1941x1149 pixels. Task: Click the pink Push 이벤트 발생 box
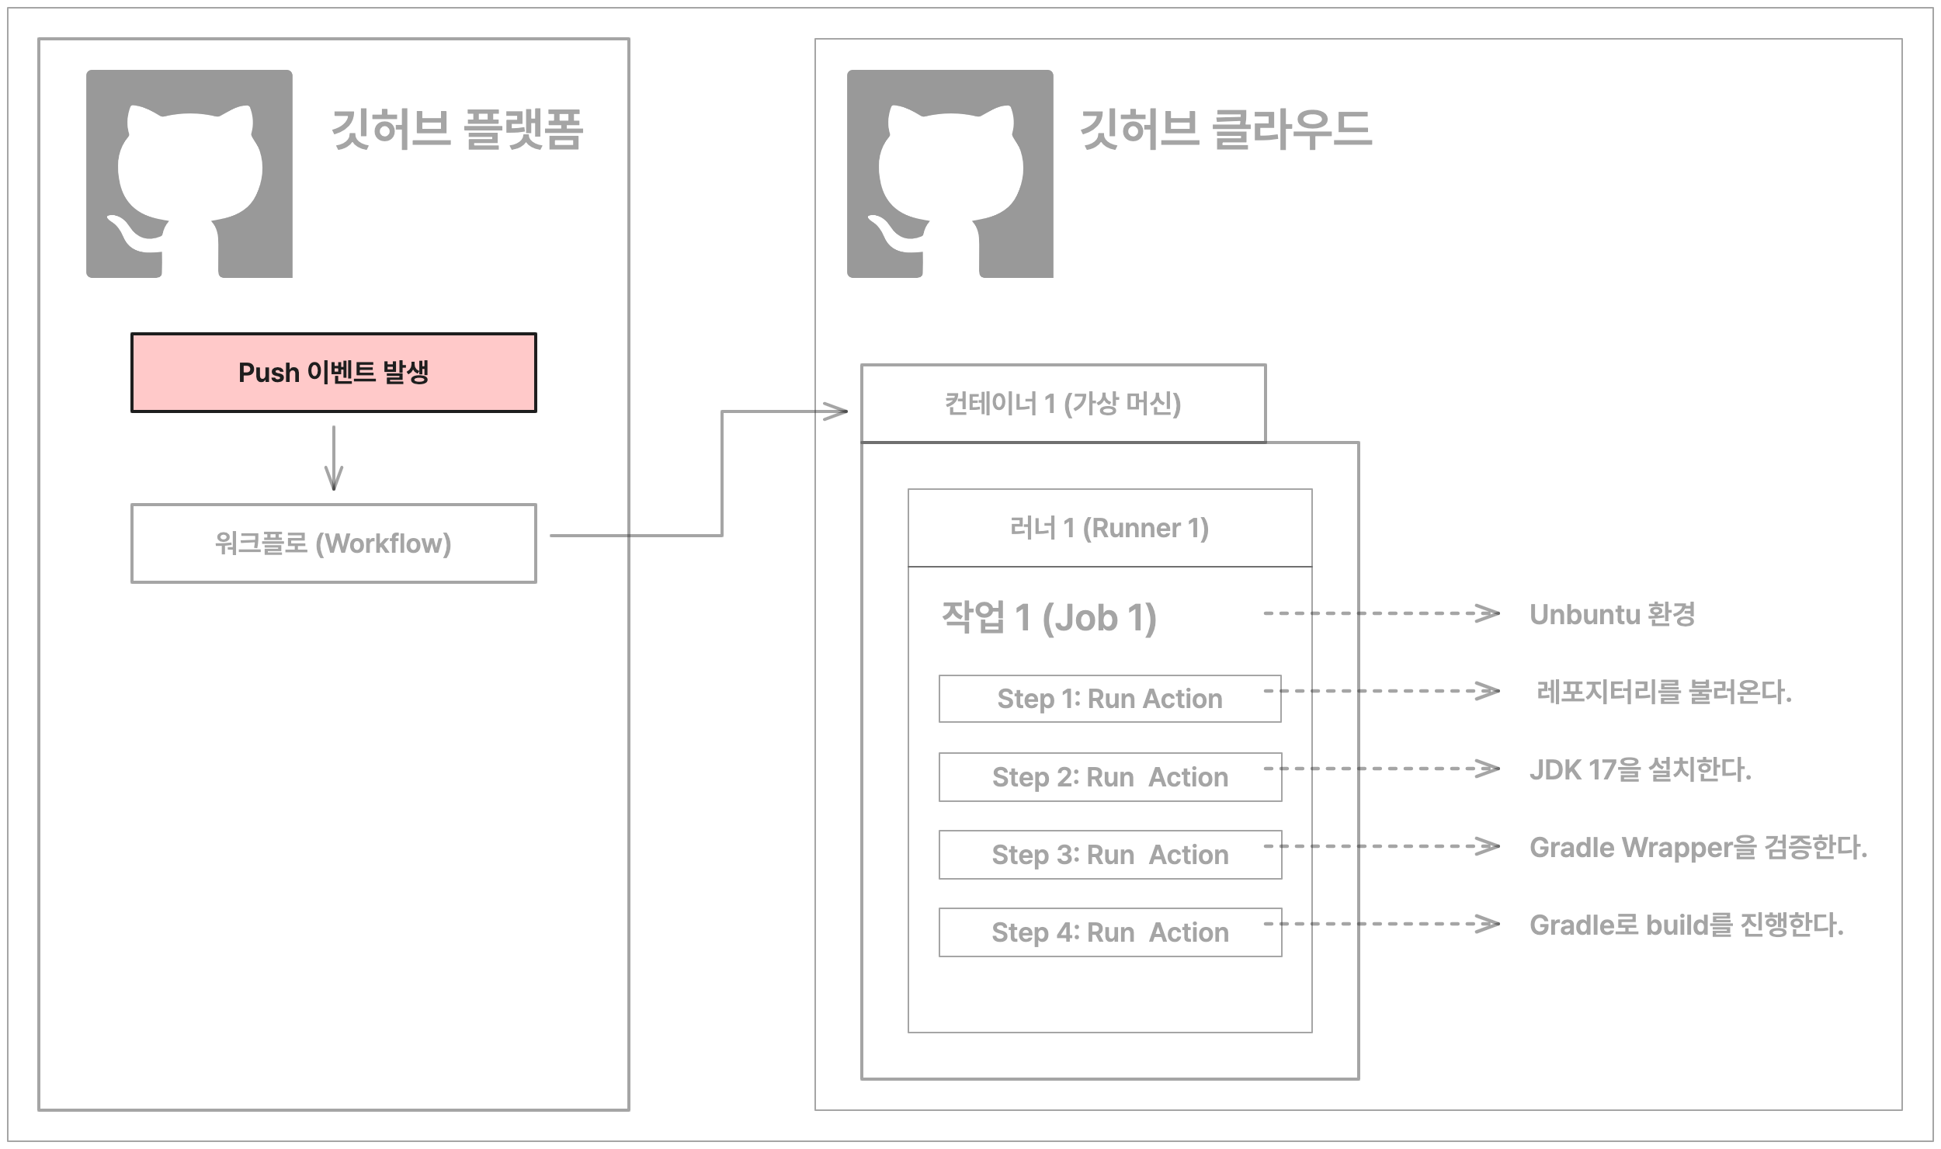(x=333, y=373)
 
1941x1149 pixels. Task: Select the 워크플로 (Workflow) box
(x=333, y=543)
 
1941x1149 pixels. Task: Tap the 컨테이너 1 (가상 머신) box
(x=1063, y=404)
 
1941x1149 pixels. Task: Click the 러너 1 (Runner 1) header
(x=1109, y=528)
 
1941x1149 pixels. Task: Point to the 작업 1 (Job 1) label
(x=1049, y=618)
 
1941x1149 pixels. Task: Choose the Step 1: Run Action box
(x=1109, y=699)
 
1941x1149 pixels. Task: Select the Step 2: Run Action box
(x=1109, y=777)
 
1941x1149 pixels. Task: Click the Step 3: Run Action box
(x=1109, y=855)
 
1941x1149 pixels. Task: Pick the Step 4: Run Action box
(x=1109, y=932)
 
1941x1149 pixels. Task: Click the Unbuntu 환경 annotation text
(x=1612, y=614)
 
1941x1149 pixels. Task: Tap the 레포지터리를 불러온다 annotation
(x=1664, y=692)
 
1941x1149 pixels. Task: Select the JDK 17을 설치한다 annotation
(x=1640, y=769)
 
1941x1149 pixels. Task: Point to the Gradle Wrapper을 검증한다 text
(x=1697, y=847)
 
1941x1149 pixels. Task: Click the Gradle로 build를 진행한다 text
(x=1686, y=925)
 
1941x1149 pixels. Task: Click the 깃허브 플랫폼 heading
(x=457, y=129)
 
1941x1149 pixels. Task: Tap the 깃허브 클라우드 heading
(x=1226, y=129)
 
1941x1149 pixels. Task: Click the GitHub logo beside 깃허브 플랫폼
(x=189, y=174)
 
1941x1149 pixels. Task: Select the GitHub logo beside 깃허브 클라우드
(x=950, y=174)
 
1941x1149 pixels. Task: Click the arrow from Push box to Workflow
(x=334, y=458)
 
